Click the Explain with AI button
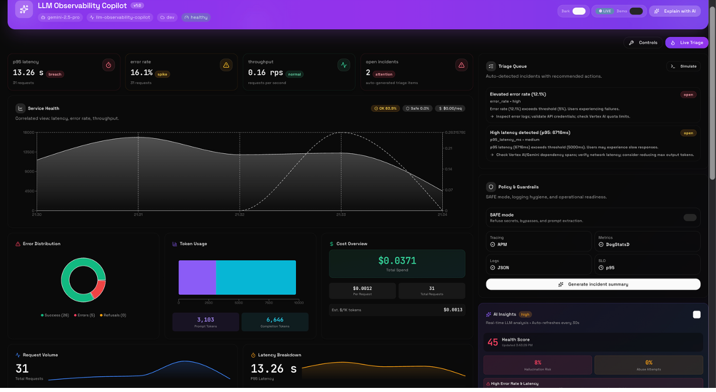coord(674,11)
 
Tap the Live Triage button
coord(687,43)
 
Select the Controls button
coord(643,43)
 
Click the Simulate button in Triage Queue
coord(683,66)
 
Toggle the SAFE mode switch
coord(690,218)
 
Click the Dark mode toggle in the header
coord(579,11)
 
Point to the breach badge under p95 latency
coord(55,74)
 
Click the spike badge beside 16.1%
coord(162,74)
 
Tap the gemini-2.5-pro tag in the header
coord(60,18)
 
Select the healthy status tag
coord(196,18)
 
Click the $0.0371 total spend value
coord(397,261)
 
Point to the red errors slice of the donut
coord(99,288)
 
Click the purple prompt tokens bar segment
coord(197,277)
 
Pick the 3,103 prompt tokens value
coord(205,320)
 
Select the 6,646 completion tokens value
coord(275,320)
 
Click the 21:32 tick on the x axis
coord(240,215)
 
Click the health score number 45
coord(493,342)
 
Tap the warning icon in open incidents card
coord(461,65)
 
